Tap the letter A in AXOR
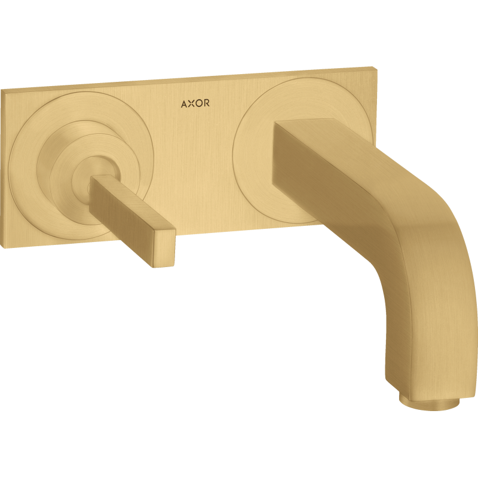click(185, 105)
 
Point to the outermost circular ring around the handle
click(30, 143)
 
